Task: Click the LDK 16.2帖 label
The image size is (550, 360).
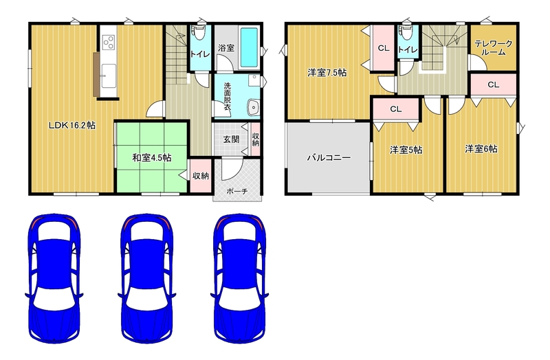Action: point(72,125)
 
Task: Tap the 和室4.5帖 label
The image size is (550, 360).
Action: point(151,158)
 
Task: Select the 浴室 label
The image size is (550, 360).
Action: point(226,48)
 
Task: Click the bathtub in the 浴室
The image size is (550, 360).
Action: point(250,47)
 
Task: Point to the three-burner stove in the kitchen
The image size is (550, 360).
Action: point(109,42)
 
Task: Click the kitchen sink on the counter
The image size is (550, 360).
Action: point(109,76)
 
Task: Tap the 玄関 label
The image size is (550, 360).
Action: point(231,139)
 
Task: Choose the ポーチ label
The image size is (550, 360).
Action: point(237,191)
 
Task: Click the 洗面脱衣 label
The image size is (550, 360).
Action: point(228,96)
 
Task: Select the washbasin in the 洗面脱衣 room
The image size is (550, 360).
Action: point(252,107)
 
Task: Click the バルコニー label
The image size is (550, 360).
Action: point(329,157)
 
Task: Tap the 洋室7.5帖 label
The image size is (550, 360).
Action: point(327,73)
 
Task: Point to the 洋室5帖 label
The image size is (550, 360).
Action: point(406,150)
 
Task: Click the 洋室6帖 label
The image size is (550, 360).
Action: point(481,148)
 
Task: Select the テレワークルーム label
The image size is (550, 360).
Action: point(493,48)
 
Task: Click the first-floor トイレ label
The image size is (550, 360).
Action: point(200,54)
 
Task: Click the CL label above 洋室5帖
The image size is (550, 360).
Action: point(396,109)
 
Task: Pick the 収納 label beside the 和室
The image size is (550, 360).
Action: point(201,176)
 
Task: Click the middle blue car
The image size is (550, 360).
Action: point(146,279)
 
